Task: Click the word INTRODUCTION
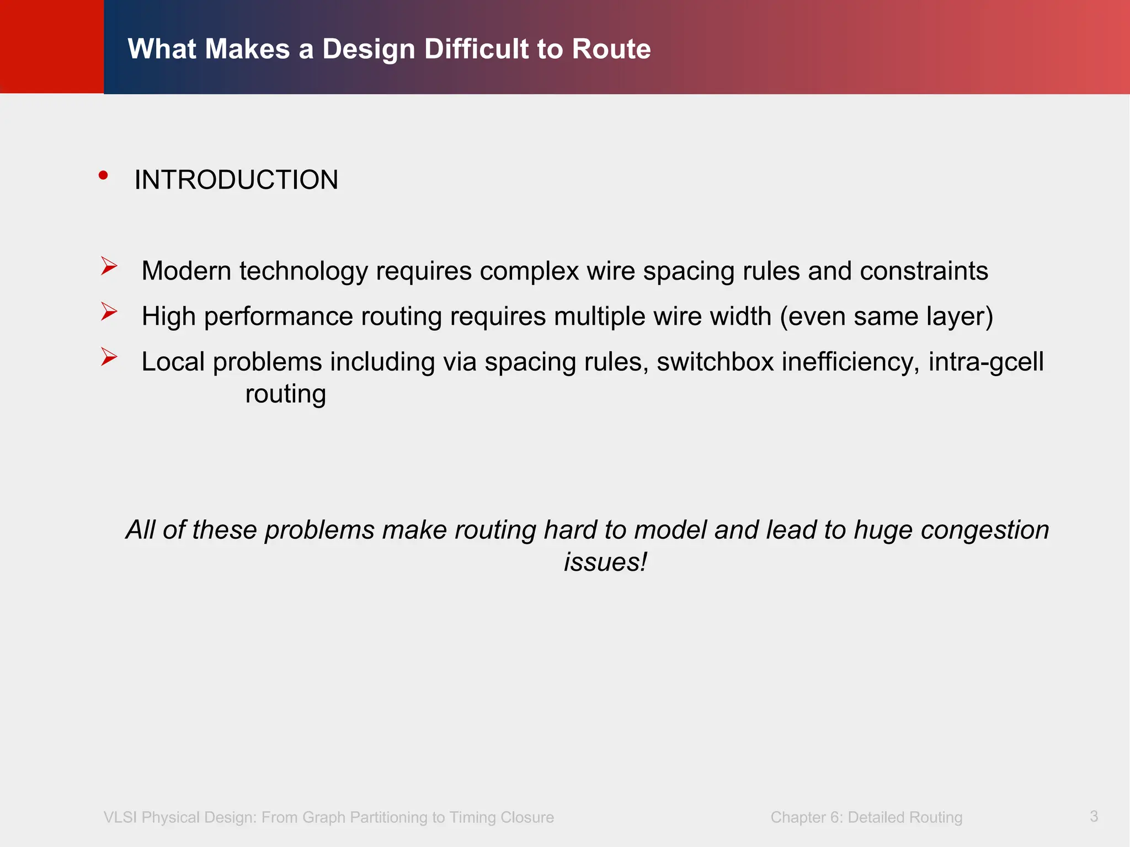tap(236, 180)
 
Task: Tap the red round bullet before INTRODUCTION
tap(103, 175)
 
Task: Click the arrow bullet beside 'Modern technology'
tap(109, 266)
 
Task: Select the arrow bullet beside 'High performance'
tap(109, 312)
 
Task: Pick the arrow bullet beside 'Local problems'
tap(109, 357)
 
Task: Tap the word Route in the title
tap(611, 49)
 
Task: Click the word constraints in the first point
tap(924, 271)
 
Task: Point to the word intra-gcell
tap(986, 362)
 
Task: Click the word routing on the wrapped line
tap(285, 394)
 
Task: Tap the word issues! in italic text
tap(605, 562)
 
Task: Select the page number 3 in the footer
tap(1094, 816)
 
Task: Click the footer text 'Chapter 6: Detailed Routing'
tap(866, 817)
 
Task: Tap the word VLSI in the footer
tap(120, 817)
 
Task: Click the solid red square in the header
tap(52, 46)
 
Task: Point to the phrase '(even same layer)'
tap(886, 317)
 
